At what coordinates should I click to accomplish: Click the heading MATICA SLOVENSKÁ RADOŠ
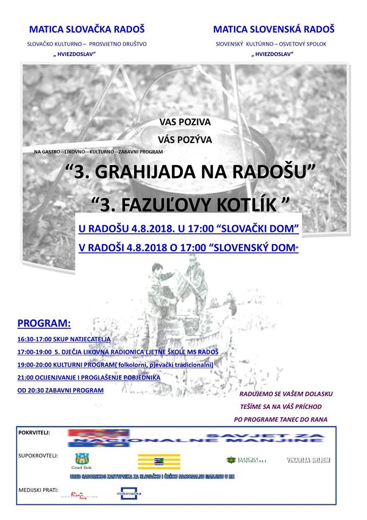click(273, 29)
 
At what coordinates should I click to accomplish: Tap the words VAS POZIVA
click(185, 122)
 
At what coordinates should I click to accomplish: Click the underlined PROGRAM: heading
click(44, 324)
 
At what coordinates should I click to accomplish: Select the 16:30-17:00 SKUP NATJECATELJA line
click(64, 340)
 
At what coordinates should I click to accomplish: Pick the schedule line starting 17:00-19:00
click(118, 352)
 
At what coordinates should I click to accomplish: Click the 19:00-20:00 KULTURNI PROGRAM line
click(115, 365)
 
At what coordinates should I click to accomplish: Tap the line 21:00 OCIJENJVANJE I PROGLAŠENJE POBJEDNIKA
click(89, 378)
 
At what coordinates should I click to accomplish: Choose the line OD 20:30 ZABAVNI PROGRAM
click(60, 390)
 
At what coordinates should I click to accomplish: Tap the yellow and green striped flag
click(159, 461)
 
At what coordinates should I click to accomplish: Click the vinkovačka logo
click(130, 494)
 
